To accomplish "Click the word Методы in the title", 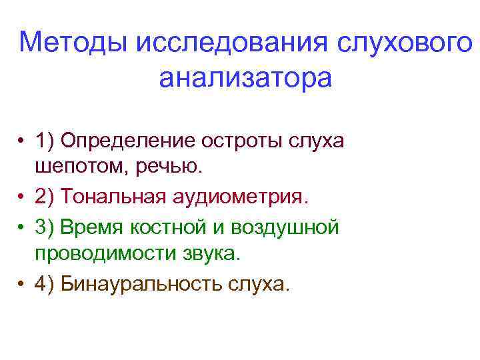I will [73, 44].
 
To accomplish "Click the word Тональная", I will [112, 197].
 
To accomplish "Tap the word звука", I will [213, 255].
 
